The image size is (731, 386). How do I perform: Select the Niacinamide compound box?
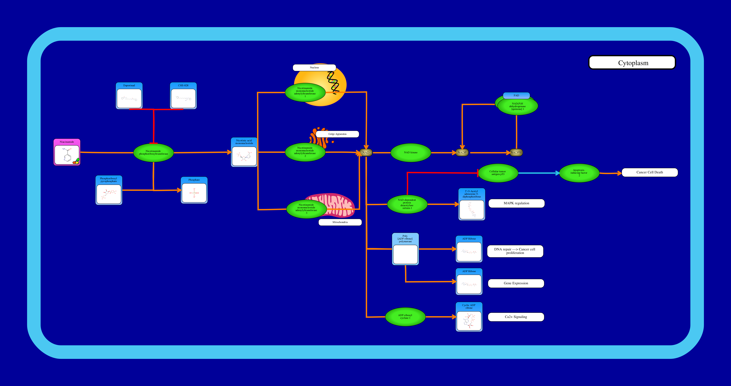67,152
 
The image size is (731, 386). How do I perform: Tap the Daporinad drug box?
129,96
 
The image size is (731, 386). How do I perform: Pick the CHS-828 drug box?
183,96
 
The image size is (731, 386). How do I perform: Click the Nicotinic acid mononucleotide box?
244,152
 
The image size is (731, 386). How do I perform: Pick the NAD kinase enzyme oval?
411,153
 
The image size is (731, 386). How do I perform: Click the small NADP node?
462,153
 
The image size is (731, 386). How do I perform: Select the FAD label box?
516,95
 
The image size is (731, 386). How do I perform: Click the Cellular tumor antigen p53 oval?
498,173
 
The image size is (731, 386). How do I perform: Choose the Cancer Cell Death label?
650,172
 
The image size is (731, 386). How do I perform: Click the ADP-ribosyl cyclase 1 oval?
405,317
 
